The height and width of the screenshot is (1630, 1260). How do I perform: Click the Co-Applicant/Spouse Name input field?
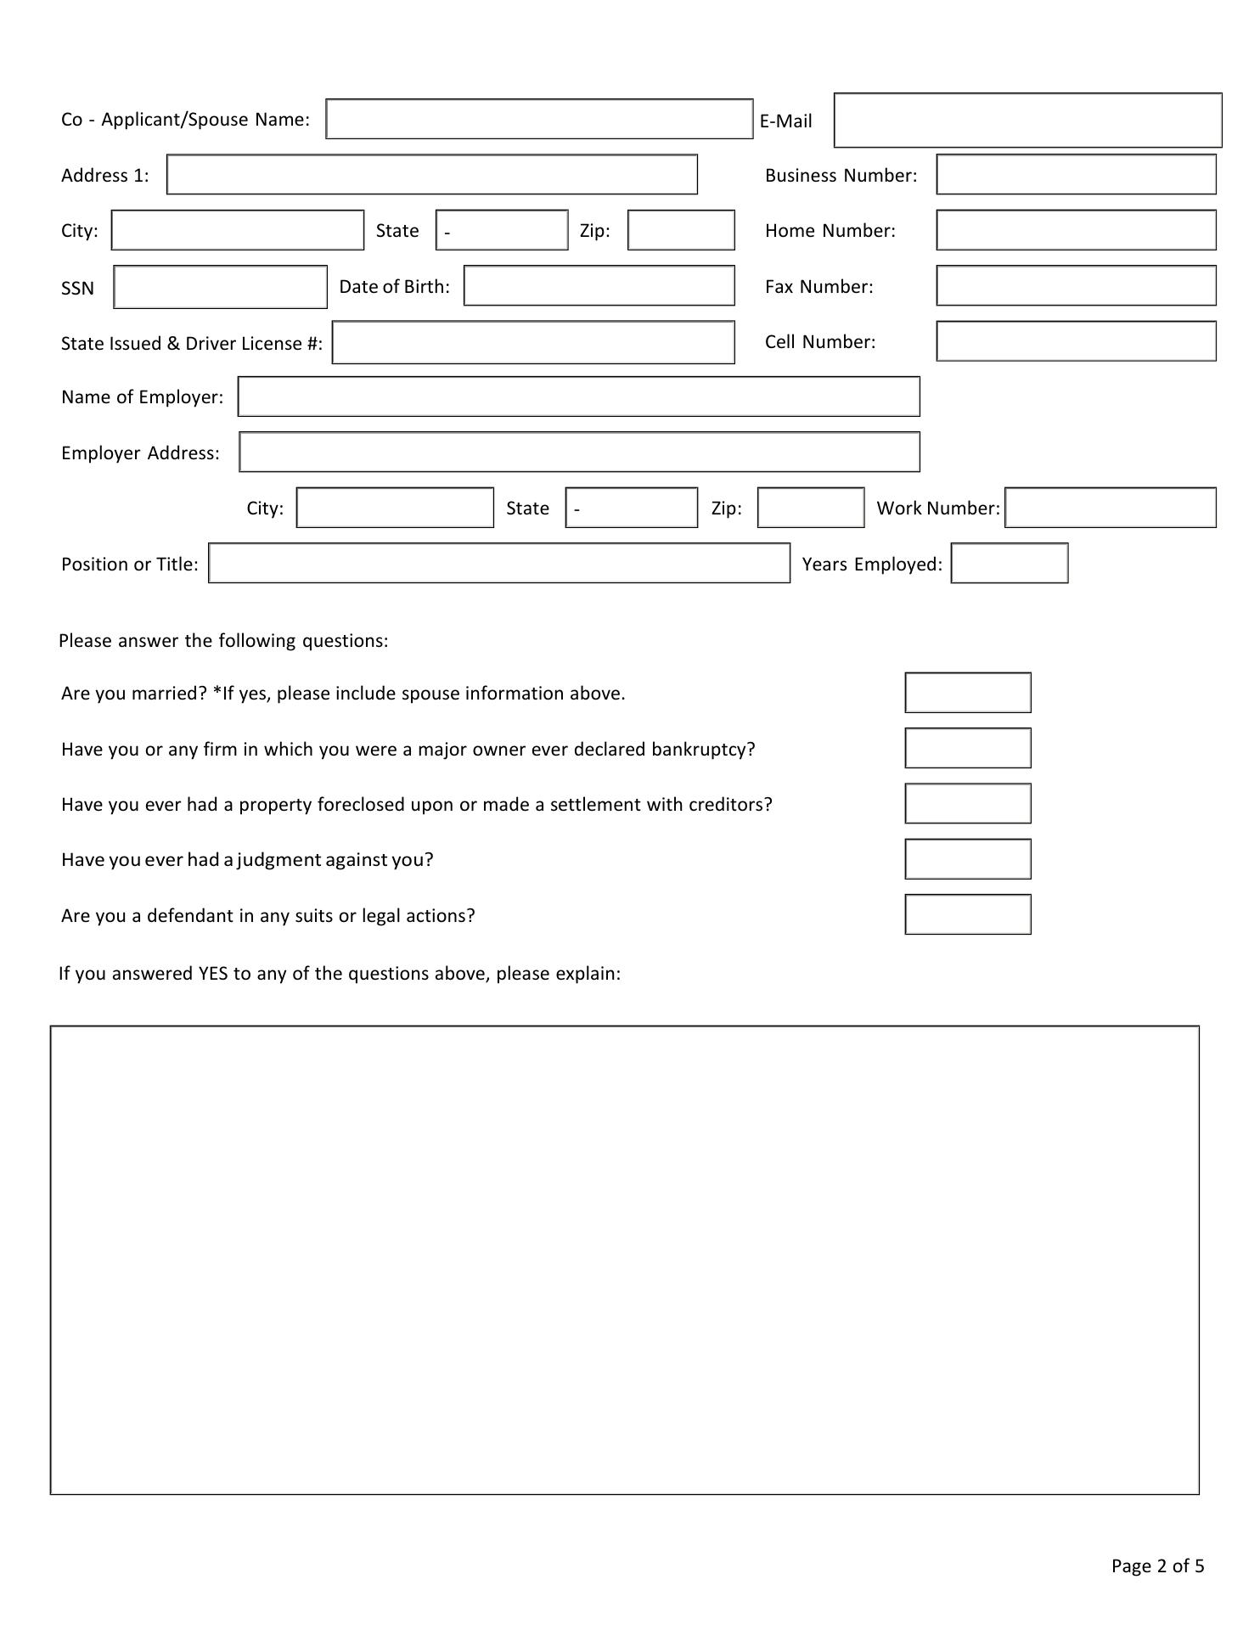(539, 119)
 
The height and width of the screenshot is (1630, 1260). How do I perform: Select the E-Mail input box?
(1027, 120)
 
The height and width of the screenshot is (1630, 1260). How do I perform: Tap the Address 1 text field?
(431, 174)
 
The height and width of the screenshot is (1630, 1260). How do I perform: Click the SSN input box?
(220, 287)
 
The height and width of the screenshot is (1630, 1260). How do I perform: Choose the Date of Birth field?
(599, 285)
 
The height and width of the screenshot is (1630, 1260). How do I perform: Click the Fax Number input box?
(1076, 285)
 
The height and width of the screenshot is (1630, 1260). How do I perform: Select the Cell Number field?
(1076, 341)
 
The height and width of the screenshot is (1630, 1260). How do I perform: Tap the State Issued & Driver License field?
(533, 342)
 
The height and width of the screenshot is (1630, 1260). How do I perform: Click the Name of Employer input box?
(578, 396)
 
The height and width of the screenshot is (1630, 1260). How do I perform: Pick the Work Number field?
(1110, 508)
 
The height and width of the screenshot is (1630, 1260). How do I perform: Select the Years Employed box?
(1009, 564)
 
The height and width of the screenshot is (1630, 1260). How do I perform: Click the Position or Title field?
(499, 564)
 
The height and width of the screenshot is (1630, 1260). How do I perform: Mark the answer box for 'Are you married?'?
(967, 693)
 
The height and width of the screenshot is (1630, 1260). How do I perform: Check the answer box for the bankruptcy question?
(967, 748)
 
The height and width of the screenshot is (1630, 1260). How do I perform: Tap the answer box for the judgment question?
(967, 859)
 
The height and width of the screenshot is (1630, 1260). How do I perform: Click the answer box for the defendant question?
(967, 914)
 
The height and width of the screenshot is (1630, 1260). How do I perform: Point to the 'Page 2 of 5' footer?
(1157, 1566)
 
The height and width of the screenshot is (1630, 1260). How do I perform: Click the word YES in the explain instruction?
(213, 974)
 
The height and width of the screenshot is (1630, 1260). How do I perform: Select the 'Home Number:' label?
(830, 231)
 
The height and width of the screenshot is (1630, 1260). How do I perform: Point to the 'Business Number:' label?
(841, 176)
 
